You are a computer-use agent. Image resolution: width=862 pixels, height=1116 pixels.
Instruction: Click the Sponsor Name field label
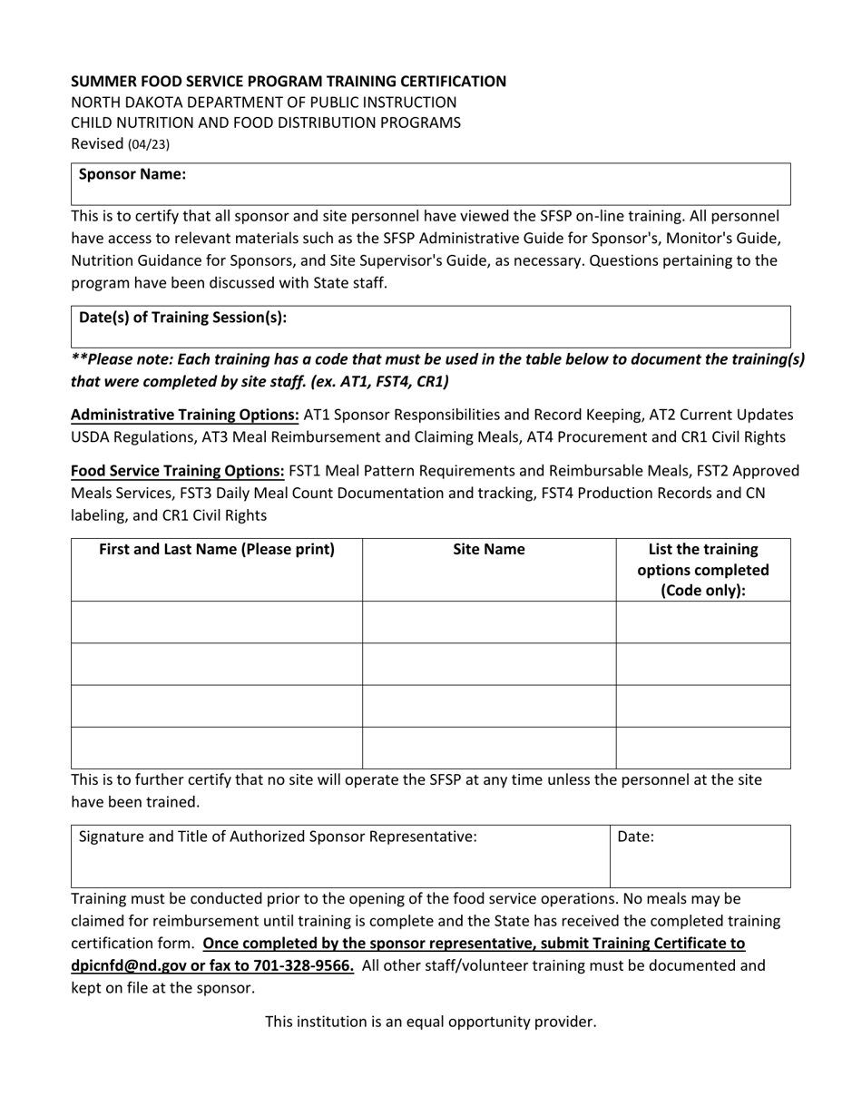coord(132,174)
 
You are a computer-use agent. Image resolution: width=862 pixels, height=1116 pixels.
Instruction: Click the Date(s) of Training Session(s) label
coord(183,317)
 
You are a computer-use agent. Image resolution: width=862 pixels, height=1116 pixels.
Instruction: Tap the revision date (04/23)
coord(148,144)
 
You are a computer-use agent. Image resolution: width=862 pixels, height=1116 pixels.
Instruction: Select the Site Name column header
coord(488,549)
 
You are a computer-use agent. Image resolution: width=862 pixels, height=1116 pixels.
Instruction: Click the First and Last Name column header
coord(217,549)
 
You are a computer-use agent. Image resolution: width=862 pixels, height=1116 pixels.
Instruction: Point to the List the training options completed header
coord(703,569)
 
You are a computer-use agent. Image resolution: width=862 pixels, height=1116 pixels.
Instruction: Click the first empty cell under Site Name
coord(489,622)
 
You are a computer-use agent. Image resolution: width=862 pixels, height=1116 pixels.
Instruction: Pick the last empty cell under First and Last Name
coord(217,748)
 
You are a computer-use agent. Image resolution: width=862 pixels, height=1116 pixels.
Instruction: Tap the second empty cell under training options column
coord(703,663)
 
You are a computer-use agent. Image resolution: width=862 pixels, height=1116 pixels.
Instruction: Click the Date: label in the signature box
coord(635,837)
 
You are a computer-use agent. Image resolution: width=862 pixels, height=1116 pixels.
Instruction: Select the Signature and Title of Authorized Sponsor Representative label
coord(278,837)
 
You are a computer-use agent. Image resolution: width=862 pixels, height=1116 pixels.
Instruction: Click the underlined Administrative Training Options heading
coord(185,415)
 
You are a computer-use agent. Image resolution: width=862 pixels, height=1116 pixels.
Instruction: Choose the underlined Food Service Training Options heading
coord(178,471)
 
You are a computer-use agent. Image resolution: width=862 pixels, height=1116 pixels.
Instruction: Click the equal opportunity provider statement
coord(430,1022)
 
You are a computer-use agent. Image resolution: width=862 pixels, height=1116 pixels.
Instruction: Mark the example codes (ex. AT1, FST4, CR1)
coord(372,381)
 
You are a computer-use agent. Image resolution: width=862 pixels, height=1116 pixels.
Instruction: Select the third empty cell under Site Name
coord(489,706)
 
